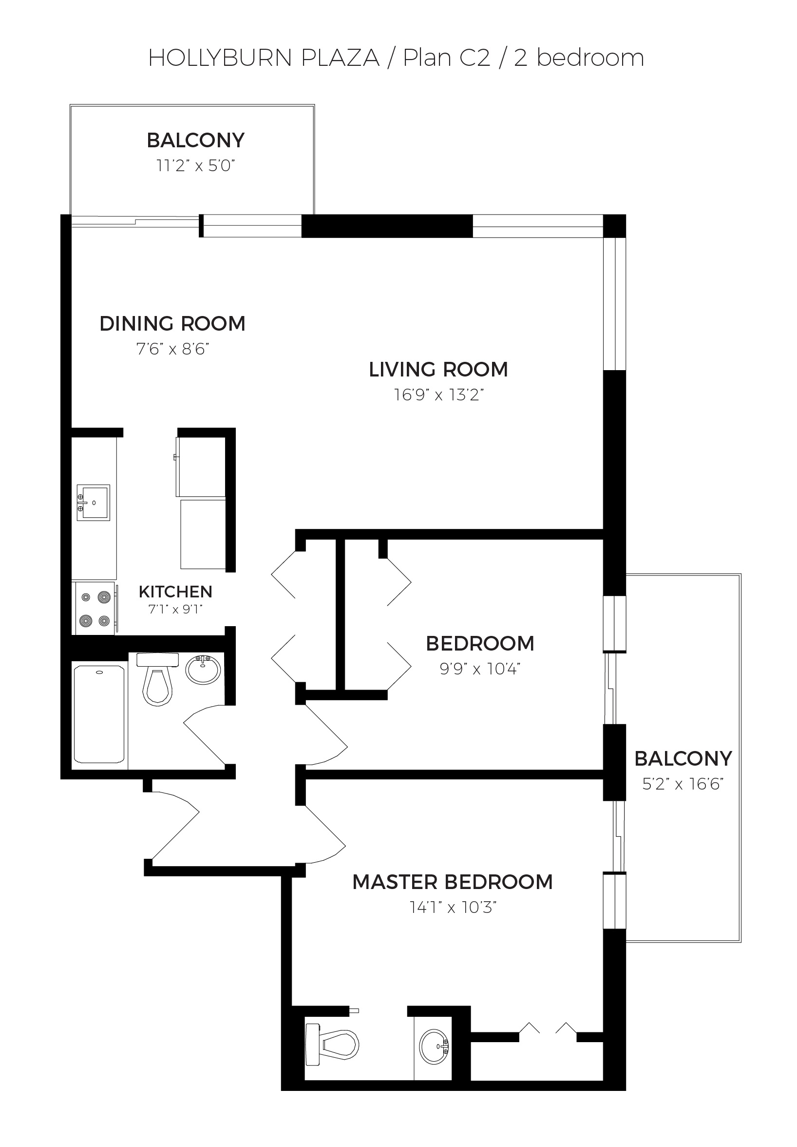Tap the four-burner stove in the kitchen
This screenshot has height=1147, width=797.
coord(95,609)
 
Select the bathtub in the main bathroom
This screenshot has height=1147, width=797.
coord(99,715)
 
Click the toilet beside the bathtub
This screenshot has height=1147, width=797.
coord(158,678)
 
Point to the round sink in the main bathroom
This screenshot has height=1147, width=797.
coord(203,670)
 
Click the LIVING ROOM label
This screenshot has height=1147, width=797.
coord(438,370)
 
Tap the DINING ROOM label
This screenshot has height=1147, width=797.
coord(172,324)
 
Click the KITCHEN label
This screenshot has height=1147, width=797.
coord(175,592)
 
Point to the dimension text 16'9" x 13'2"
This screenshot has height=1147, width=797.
coord(438,395)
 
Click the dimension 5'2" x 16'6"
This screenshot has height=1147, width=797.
coord(683,784)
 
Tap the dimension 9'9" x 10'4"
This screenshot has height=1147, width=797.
coord(479,669)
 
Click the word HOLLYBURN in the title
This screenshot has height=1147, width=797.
coord(220,58)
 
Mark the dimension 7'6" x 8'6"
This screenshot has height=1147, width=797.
coord(172,349)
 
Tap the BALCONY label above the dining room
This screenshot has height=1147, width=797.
coord(196,140)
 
